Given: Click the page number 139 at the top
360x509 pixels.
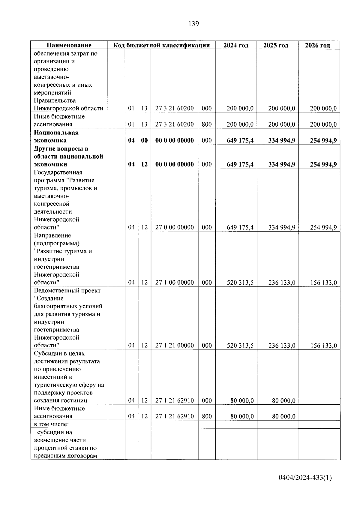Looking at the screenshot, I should (193, 24).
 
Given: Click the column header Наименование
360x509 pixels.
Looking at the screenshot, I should (69, 45).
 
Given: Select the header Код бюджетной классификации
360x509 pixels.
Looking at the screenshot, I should (161, 45).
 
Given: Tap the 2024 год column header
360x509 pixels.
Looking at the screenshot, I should (236, 45).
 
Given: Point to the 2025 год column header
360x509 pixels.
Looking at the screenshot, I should (276, 45).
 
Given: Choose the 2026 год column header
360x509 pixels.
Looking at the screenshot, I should (317, 45).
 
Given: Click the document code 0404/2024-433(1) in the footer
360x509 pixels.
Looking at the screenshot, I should (305, 478).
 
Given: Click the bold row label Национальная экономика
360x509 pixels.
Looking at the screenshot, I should (56, 136).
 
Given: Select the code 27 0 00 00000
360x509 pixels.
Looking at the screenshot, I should (174, 227).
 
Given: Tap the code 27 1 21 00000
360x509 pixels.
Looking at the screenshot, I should (174, 346).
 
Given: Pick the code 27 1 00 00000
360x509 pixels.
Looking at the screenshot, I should (174, 283).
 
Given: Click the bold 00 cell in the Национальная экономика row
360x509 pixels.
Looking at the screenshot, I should (144, 140).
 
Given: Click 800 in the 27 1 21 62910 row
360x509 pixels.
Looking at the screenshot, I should (207, 416).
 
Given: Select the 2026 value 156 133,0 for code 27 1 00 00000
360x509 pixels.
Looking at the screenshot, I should (323, 283).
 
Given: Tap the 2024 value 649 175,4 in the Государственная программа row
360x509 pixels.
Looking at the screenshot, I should (240, 227).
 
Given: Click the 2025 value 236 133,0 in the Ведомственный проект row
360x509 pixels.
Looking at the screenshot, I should (282, 346).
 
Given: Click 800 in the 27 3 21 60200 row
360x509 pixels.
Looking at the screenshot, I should (207, 124).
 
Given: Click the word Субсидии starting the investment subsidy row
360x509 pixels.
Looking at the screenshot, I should (46, 354).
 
